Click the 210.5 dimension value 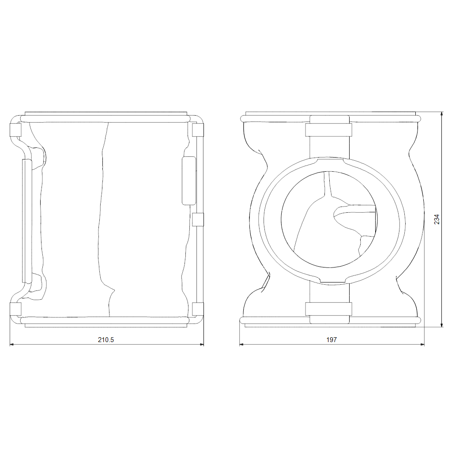106,339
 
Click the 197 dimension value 331,339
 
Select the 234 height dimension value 437,219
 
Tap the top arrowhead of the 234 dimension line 442,114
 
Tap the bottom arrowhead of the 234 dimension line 442,325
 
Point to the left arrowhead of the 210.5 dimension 12,344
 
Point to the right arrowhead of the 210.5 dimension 201,344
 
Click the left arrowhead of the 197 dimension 241,344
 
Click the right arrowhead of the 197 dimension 422,344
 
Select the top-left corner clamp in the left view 15,130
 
